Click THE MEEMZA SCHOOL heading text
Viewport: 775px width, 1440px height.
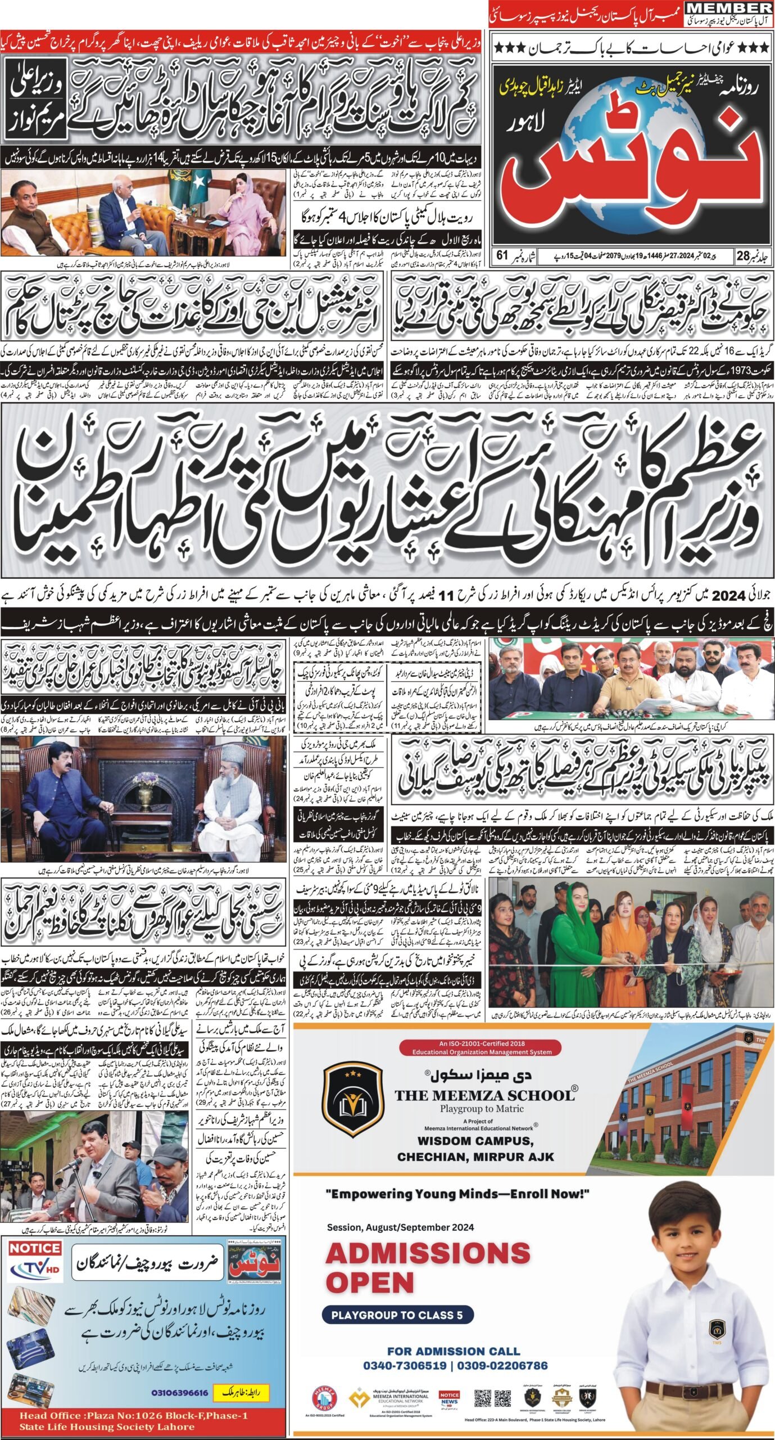[485, 1095]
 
